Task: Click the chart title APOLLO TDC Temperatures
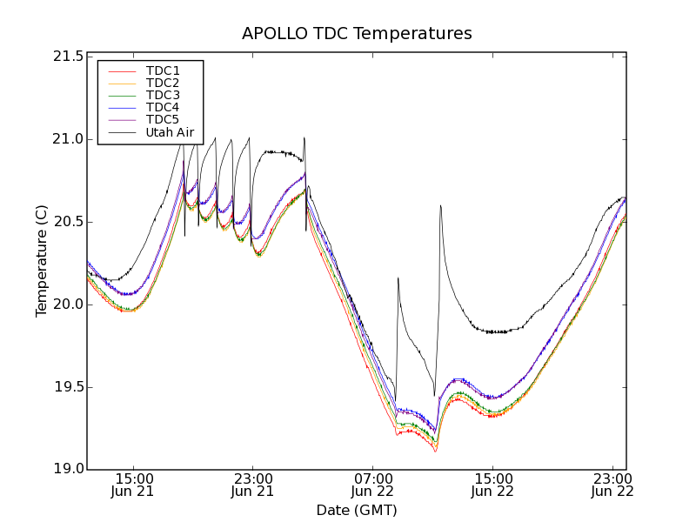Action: (x=357, y=34)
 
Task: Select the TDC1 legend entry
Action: (x=163, y=70)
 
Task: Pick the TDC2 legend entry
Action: (x=163, y=83)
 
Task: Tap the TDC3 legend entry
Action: (x=163, y=95)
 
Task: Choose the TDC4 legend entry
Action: (x=163, y=107)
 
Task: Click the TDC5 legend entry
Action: (x=163, y=119)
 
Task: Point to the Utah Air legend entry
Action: (x=169, y=133)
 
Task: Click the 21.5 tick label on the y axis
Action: (x=68, y=57)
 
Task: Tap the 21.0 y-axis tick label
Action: (x=68, y=139)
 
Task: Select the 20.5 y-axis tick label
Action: (x=68, y=222)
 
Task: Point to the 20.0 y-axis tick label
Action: (x=68, y=304)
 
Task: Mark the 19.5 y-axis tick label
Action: (x=68, y=387)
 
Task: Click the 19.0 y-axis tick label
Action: (x=68, y=470)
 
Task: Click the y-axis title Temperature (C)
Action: (x=42, y=261)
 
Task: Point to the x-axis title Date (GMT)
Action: (x=357, y=510)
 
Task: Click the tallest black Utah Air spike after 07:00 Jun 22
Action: (x=441, y=206)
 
